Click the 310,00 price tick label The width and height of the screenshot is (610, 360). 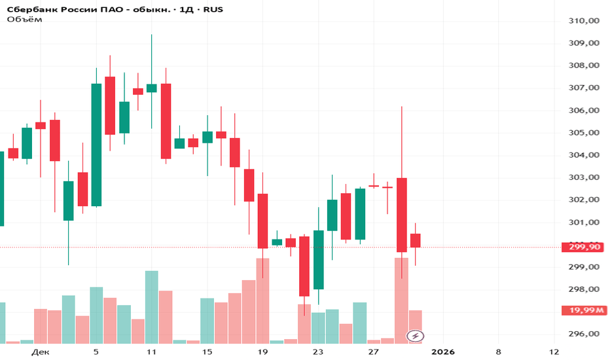pyautogui.click(x=585, y=21)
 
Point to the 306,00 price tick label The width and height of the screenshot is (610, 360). pyautogui.click(x=585, y=111)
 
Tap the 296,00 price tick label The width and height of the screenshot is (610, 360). pyautogui.click(x=585, y=334)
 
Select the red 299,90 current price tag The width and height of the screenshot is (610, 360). pyautogui.click(x=585, y=247)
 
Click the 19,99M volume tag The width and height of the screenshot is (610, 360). pyautogui.click(x=584, y=310)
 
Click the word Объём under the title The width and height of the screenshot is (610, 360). pyautogui.click(x=24, y=20)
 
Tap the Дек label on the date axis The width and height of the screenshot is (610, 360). pyautogui.click(x=40, y=352)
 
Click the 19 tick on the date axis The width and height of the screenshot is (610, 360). pyautogui.click(x=262, y=352)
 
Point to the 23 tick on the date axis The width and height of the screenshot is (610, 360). pyautogui.click(x=318, y=352)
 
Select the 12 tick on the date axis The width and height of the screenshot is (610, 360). pyautogui.click(x=554, y=352)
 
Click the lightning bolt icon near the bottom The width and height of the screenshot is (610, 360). pyautogui.click(x=415, y=336)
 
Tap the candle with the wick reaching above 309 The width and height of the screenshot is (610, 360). pyautogui.click(x=151, y=88)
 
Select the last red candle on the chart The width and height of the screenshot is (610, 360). pyautogui.click(x=416, y=240)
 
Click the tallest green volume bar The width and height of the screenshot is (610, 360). pyautogui.click(x=151, y=306)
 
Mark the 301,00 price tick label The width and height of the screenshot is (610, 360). pyautogui.click(x=585, y=223)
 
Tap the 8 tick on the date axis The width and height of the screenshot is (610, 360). pyautogui.click(x=499, y=352)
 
